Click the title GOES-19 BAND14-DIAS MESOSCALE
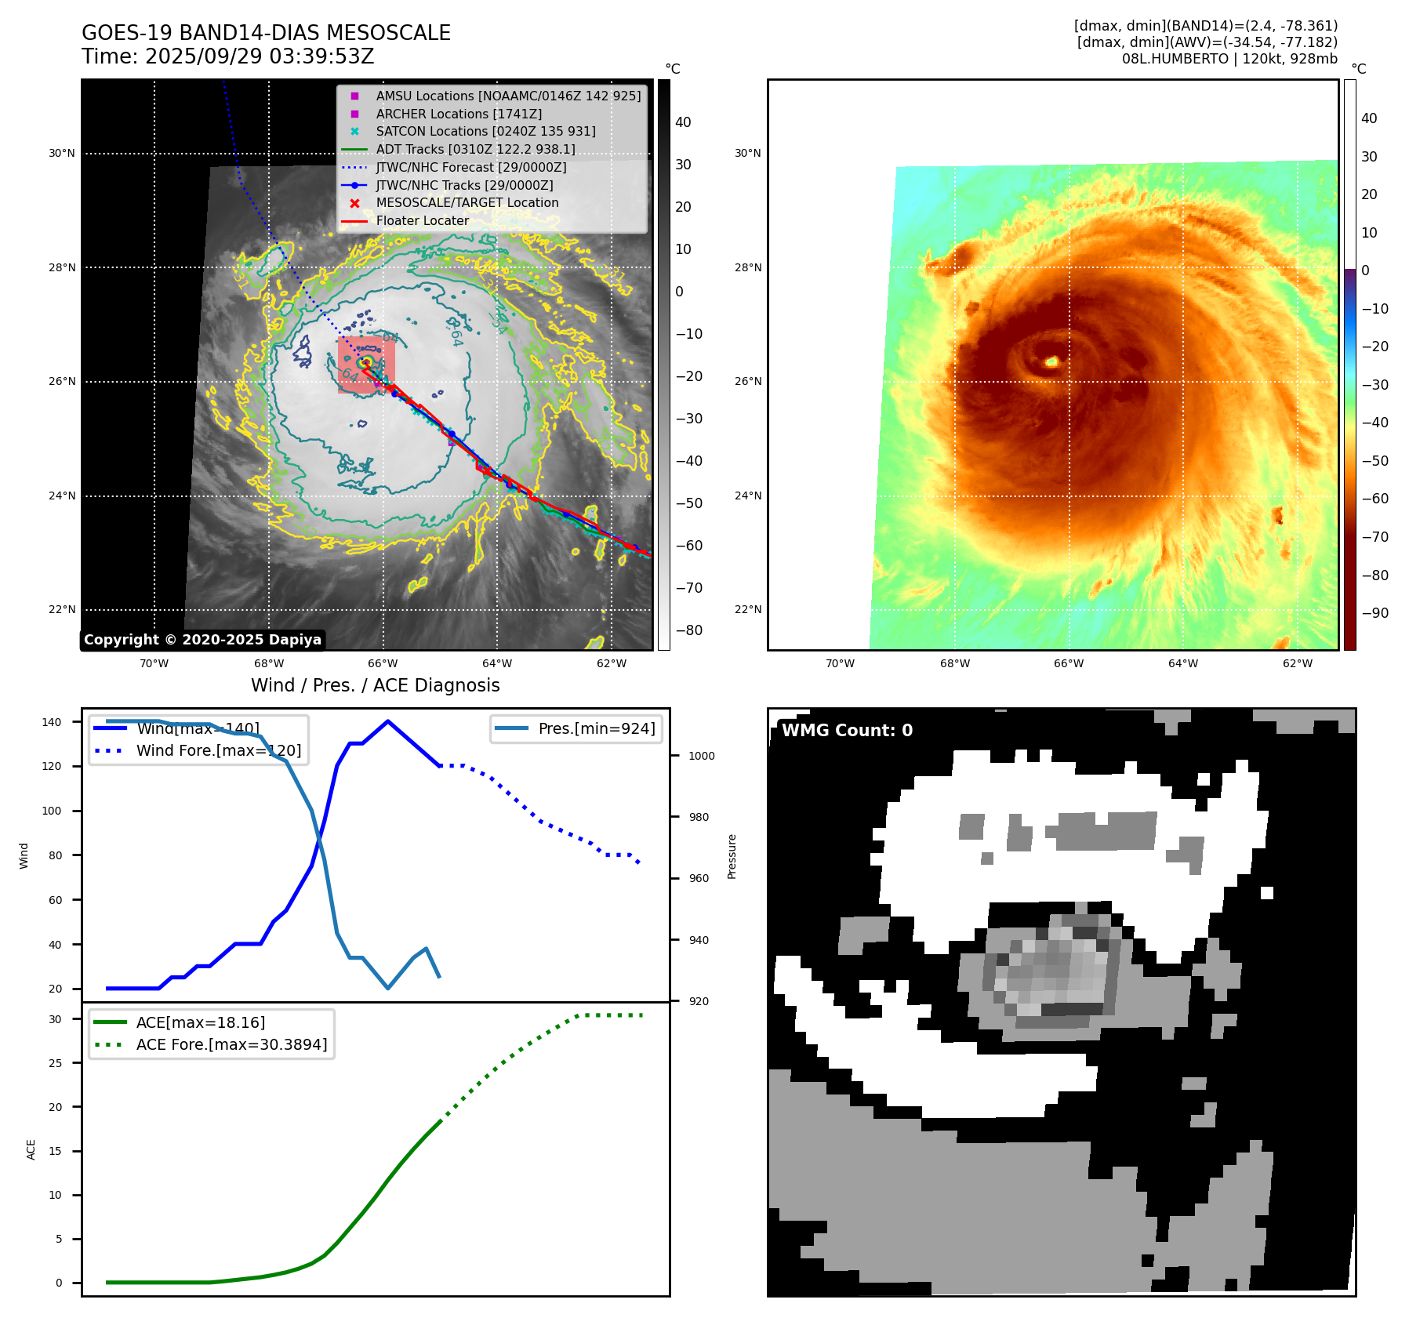tap(266, 33)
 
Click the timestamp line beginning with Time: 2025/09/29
tap(227, 57)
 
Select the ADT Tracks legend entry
tap(475, 149)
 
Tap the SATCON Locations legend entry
tap(485, 131)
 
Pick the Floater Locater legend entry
tap(422, 220)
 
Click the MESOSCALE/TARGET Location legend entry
tap(467, 202)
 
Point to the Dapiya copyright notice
tap(202, 640)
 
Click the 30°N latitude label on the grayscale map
tap(62, 154)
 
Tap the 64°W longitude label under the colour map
tap(1182, 663)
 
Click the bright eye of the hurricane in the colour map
tap(1051, 361)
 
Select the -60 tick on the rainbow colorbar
tap(1375, 499)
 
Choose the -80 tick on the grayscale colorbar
tap(689, 630)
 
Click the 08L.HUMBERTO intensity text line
tap(1229, 59)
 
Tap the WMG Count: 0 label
tap(847, 731)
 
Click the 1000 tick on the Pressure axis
tap(701, 756)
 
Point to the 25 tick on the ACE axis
tap(56, 1063)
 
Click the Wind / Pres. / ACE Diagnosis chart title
tap(375, 685)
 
